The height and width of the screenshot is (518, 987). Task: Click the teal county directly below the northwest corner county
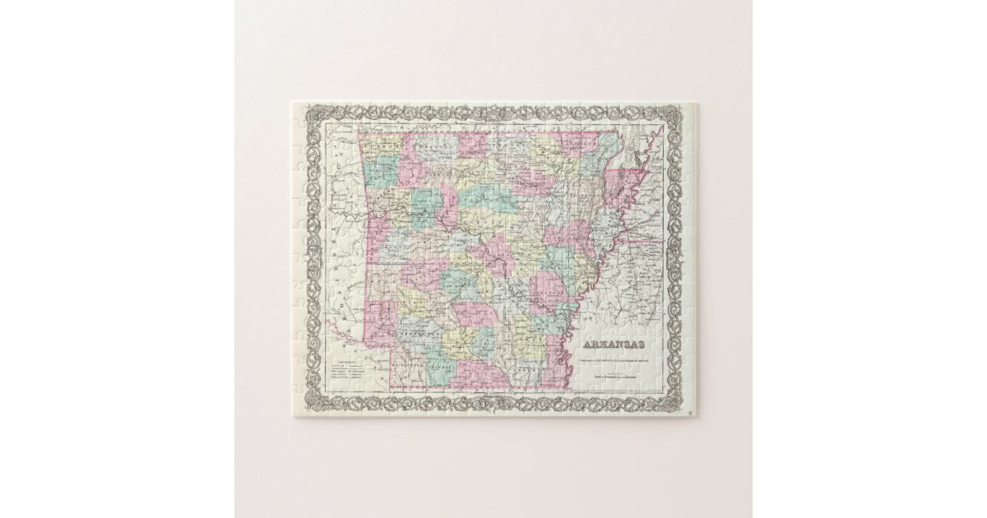379,172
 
